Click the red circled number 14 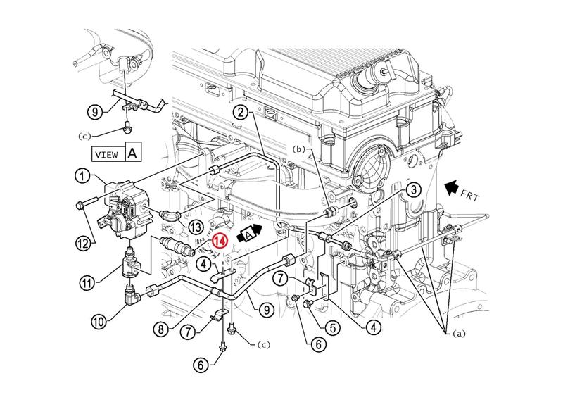220,240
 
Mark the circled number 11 86,284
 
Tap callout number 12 84,242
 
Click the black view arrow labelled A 251,233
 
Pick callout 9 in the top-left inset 96,111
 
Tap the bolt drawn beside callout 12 82,206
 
